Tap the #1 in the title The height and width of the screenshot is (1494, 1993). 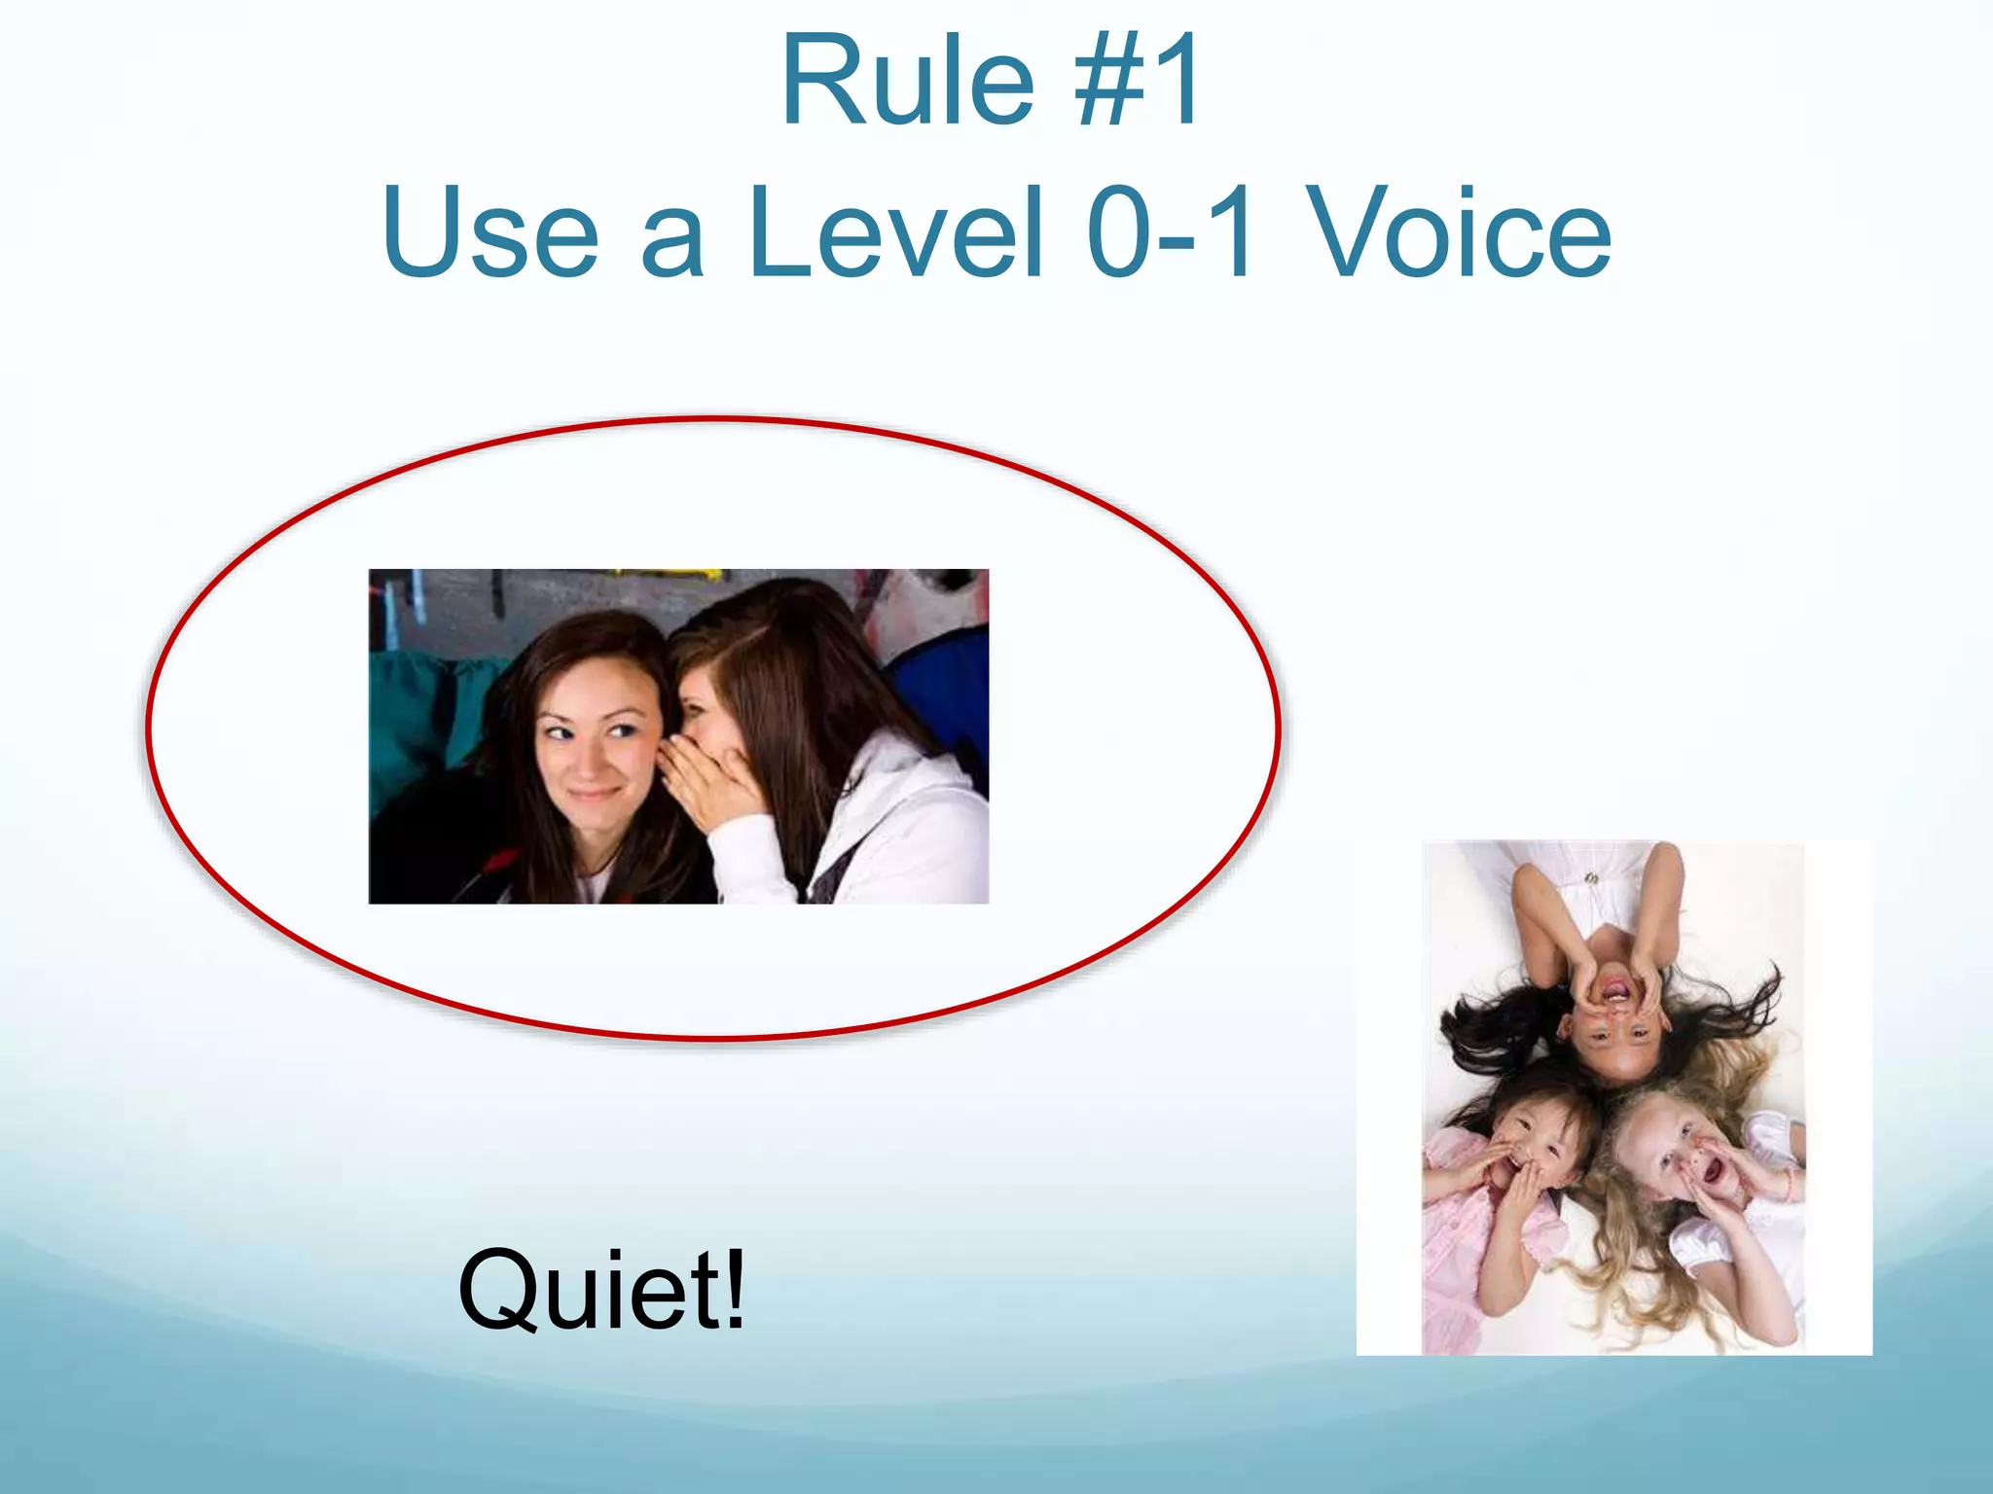1137,82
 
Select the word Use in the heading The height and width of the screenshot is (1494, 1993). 491,233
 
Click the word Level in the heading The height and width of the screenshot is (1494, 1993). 895,233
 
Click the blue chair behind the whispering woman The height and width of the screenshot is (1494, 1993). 939,681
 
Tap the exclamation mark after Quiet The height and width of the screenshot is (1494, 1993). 735,1288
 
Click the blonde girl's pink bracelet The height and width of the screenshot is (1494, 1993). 1789,1184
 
